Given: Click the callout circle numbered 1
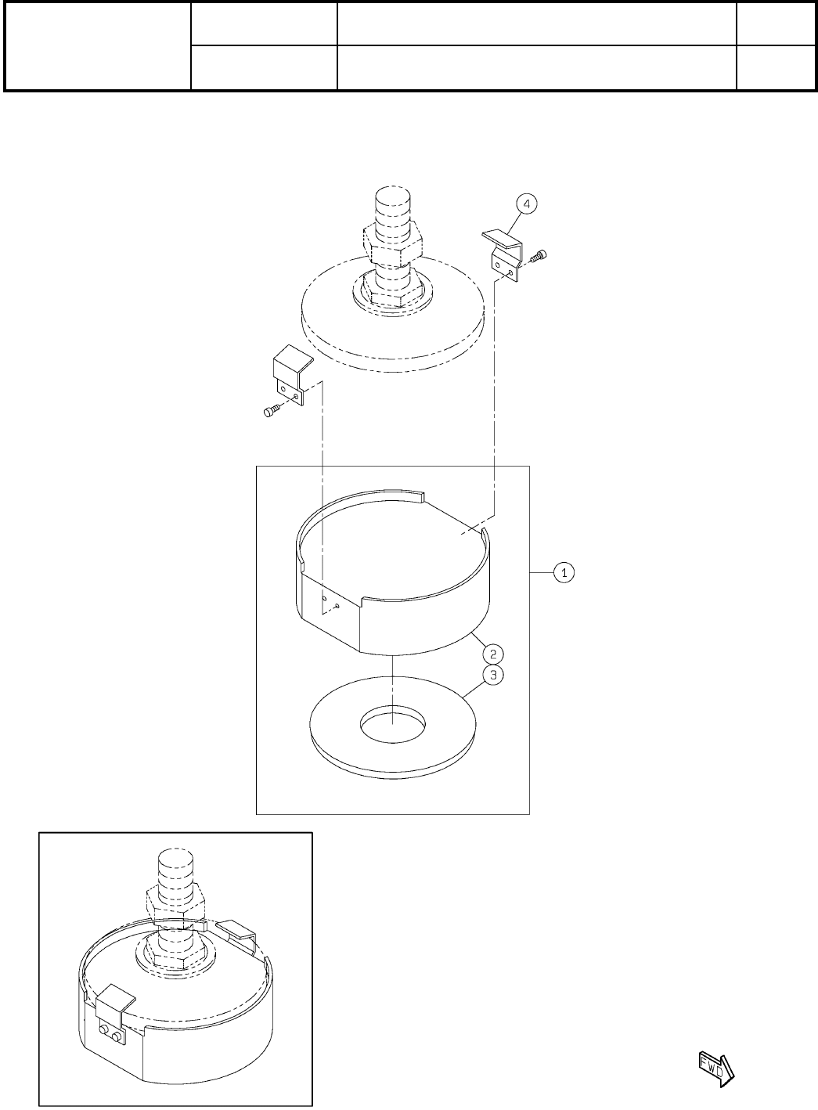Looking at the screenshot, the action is (564, 573).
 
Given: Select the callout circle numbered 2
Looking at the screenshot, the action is (493, 654).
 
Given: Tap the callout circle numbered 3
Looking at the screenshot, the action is (493, 675).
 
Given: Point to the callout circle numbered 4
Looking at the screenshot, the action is (527, 204).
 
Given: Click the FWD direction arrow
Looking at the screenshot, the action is (716, 1071).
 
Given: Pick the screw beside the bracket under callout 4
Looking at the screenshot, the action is (538, 256).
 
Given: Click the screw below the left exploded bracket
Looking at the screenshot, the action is (272, 410).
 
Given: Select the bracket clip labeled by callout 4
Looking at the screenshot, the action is (503, 255).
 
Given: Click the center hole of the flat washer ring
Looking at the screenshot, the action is (392, 725).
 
